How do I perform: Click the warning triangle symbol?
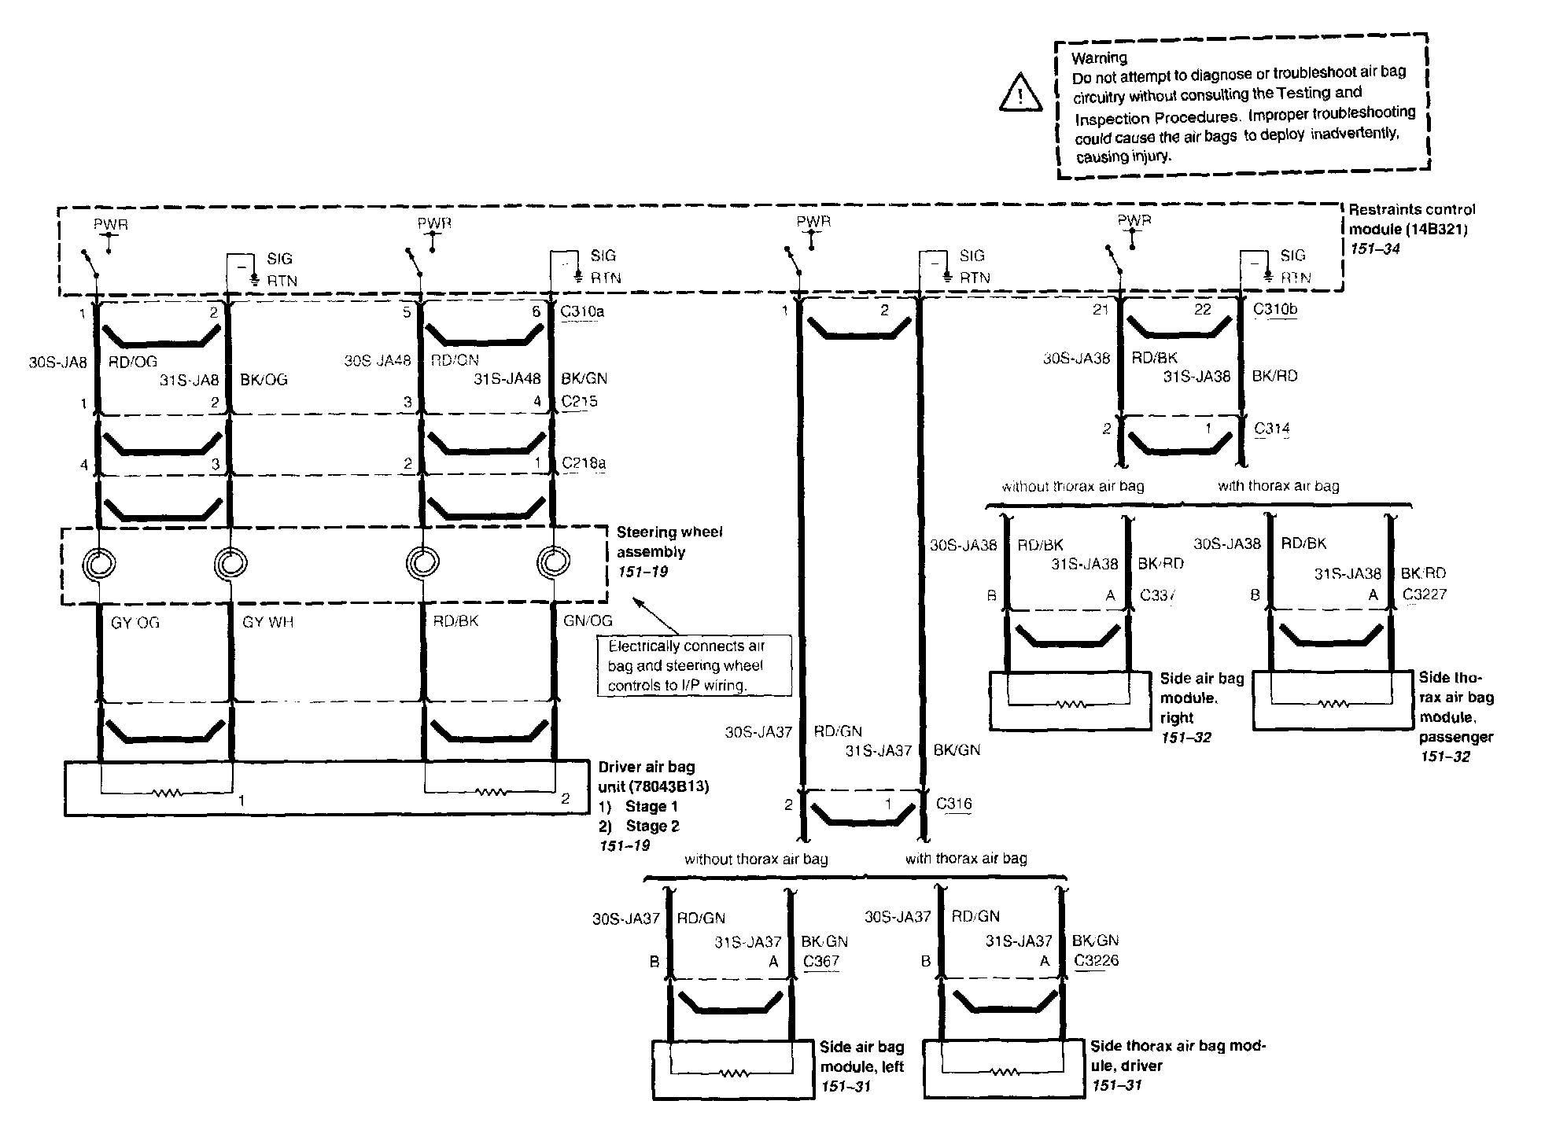click(1021, 92)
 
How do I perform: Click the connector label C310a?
click(582, 311)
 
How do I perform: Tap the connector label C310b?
click(1275, 309)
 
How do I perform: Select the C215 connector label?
click(579, 401)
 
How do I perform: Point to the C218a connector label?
click(584, 463)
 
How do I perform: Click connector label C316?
click(953, 804)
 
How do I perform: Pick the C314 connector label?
click(1272, 429)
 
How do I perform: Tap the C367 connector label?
click(821, 961)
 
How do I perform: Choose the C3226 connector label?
click(1096, 960)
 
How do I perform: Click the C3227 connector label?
click(1425, 595)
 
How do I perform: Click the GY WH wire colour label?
click(268, 622)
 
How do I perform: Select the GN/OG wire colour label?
click(588, 620)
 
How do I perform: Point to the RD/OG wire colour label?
click(133, 362)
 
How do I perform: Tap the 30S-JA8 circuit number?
click(58, 363)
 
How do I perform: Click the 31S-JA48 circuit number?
click(507, 379)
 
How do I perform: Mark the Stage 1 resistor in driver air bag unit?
click(168, 793)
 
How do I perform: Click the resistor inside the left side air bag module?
click(732, 1073)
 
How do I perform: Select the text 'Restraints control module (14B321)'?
click(1411, 219)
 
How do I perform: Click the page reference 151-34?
click(1374, 249)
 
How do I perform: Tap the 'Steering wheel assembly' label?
click(669, 542)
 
